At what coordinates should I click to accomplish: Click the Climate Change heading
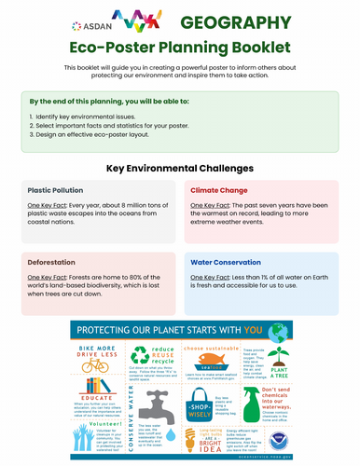click(x=219, y=188)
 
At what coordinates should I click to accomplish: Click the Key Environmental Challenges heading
click(x=180, y=168)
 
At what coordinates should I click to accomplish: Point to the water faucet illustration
click(x=151, y=403)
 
